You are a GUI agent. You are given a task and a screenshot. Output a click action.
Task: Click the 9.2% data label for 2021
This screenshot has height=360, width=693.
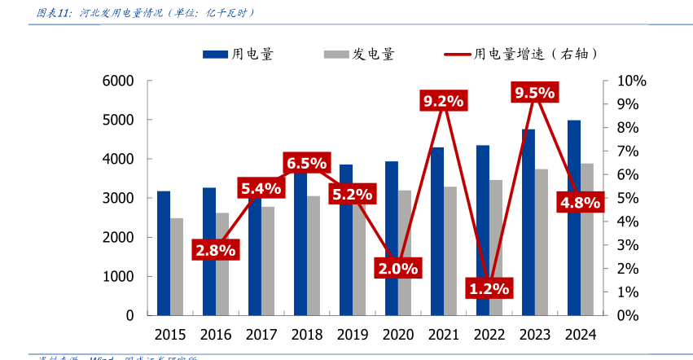tap(443, 102)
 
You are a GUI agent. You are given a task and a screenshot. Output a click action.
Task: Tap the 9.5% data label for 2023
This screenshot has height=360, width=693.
tap(534, 93)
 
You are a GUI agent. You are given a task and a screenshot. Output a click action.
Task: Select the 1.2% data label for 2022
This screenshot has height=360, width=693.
tap(489, 288)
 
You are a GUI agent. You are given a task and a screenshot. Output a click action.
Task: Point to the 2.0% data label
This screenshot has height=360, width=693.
tap(397, 267)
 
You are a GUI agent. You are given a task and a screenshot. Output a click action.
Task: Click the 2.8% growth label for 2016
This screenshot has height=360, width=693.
tap(215, 250)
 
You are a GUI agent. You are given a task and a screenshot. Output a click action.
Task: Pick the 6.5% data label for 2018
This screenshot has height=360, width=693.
tap(306, 163)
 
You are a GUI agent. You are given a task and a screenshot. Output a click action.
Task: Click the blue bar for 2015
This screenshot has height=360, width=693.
tap(164, 252)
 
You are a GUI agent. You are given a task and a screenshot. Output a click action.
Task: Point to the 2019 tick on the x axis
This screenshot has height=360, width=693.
tap(353, 334)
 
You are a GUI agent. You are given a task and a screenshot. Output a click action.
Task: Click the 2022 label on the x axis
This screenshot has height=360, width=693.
tap(489, 334)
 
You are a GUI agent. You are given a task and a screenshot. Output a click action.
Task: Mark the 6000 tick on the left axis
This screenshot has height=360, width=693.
tap(118, 81)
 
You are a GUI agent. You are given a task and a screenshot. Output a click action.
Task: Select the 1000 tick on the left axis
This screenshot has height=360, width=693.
tap(118, 276)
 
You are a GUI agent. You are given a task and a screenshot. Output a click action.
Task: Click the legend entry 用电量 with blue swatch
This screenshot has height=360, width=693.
tap(238, 55)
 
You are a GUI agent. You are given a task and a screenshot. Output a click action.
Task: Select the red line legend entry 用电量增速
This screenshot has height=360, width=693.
tap(521, 55)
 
